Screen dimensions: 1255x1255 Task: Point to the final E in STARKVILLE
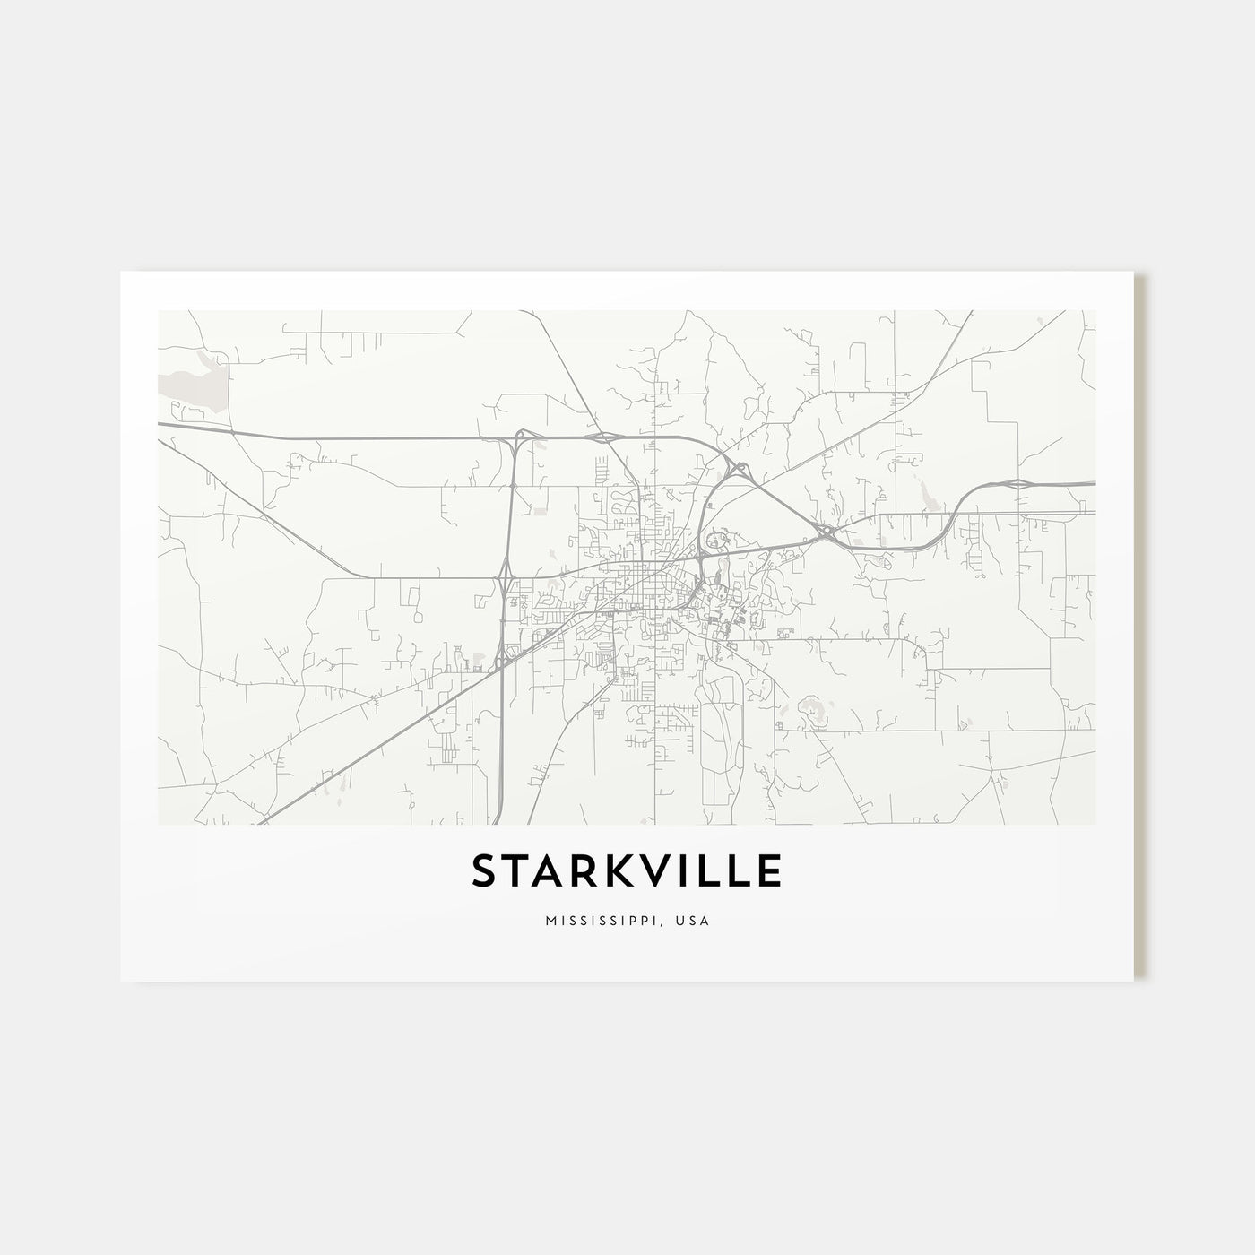pos(767,871)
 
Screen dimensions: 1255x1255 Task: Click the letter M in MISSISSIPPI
pos(549,921)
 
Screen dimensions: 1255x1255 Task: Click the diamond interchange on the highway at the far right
pos(1019,483)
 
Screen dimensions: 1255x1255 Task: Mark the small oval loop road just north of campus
pos(715,540)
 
